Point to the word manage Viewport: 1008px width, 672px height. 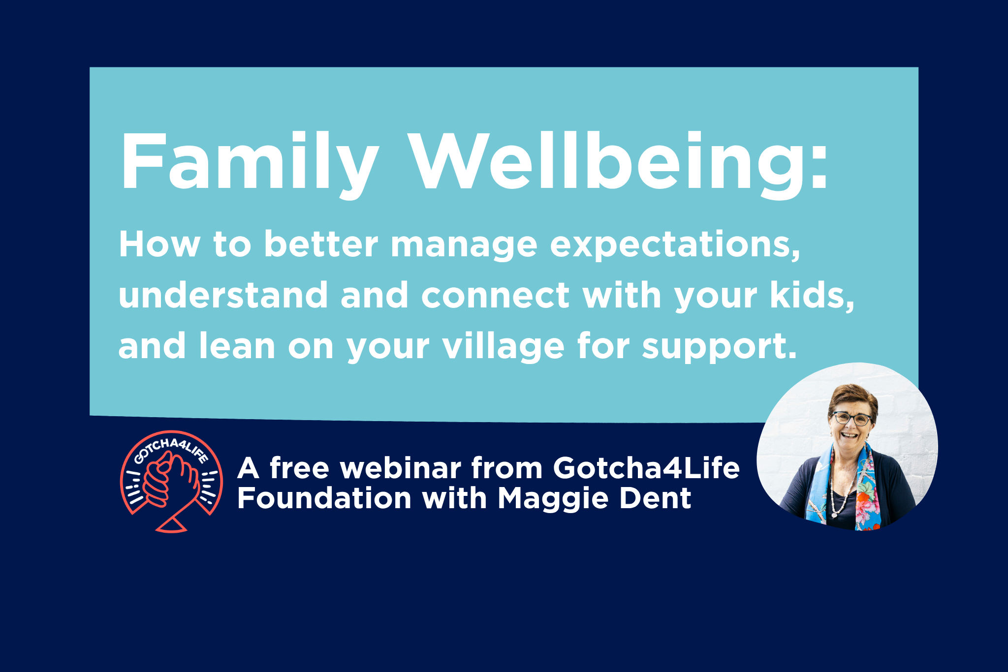click(x=464, y=245)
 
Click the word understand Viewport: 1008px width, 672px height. click(x=223, y=295)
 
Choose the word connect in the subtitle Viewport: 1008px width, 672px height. click(x=495, y=296)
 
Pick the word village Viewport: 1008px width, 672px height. click(x=504, y=346)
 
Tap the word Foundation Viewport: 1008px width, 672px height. click(x=324, y=498)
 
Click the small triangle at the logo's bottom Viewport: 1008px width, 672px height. click(x=171, y=526)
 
